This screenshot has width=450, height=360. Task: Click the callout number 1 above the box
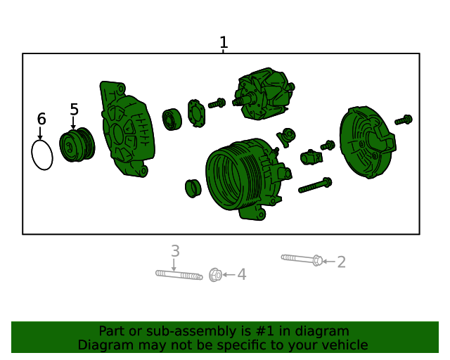click(x=224, y=42)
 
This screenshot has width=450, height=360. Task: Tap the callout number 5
click(x=74, y=110)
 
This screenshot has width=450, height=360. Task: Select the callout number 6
click(x=41, y=119)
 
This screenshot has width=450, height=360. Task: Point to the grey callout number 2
click(x=341, y=262)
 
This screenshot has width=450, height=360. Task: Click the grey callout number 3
click(x=175, y=251)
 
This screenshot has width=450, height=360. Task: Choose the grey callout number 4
click(x=242, y=274)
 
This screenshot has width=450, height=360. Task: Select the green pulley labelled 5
click(x=77, y=145)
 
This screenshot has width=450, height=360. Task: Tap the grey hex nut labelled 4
click(x=215, y=275)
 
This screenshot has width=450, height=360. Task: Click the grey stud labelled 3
click(x=179, y=275)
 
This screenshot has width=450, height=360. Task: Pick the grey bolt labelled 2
click(x=302, y=259)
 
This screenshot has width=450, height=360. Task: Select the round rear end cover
click(x=368, y=142)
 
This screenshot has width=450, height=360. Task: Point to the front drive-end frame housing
click(x=127, y=129)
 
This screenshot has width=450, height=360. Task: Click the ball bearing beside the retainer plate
click(x=172, y=120)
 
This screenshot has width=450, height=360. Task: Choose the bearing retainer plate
click(x=197, y=113)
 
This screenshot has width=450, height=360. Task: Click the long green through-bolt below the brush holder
click(x=315, y=186)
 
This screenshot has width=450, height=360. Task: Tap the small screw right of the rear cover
click(x=404, y=120)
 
